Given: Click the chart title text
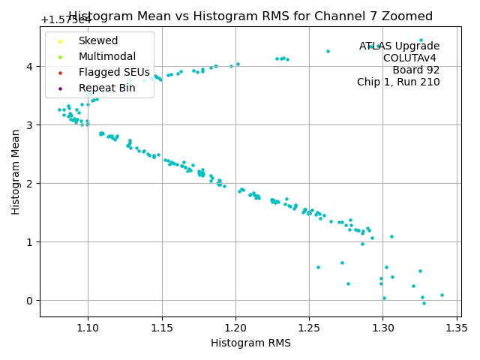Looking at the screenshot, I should [250, 16].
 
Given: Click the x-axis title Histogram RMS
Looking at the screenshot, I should [250, 343].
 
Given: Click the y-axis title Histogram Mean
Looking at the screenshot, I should [16, 172].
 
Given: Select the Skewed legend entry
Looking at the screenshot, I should [97, 40].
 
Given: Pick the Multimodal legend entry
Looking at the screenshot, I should [106, 57].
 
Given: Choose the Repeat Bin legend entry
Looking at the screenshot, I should [101, 88].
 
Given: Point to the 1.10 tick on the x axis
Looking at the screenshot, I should [88, 328].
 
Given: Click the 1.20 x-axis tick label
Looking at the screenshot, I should [235, 328].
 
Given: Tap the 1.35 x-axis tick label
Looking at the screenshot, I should [457, 328].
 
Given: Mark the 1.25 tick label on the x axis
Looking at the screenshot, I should [309, 328].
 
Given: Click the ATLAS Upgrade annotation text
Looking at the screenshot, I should [399, 46].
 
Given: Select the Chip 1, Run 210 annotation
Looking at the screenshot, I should [398, 82].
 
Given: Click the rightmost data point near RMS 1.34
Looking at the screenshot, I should [442, 295].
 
